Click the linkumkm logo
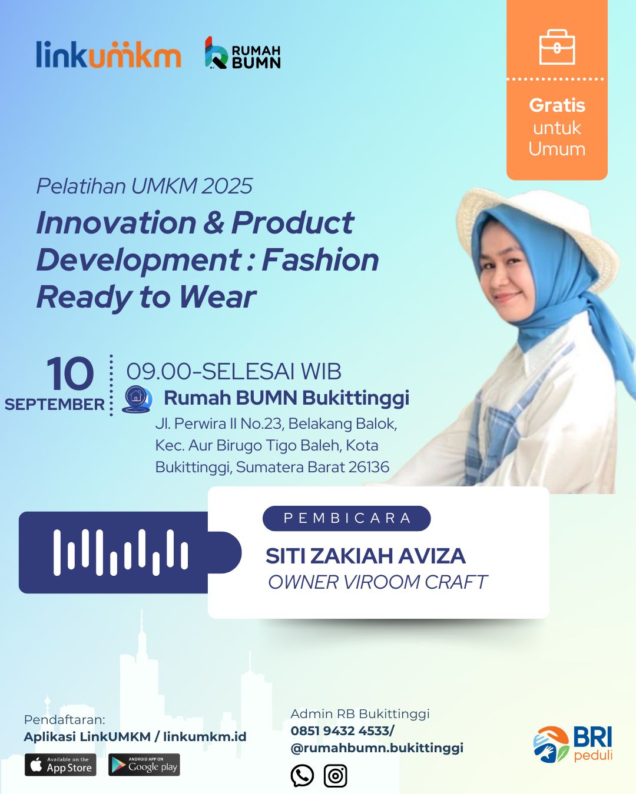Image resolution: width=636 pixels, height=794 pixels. point(108,54)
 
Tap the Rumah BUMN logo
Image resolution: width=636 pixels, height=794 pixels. point(243,53)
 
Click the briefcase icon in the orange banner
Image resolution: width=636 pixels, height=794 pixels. point(557,47)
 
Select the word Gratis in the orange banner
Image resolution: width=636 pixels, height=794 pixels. point(557,105)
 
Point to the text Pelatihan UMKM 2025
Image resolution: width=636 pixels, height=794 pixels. point(144,186)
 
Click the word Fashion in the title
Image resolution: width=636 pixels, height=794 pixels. point(320,260)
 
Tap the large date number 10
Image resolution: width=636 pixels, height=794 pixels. point(70,373)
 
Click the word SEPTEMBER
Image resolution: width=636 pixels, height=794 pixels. point(55,405)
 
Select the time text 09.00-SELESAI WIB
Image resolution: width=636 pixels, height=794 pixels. point(234,372)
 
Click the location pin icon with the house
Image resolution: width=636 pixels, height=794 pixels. point(137,399)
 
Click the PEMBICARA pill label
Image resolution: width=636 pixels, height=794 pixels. point(347,518)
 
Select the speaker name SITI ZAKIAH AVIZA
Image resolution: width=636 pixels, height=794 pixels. point(366,556)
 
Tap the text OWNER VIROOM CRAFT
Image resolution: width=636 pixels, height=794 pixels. point(377,582)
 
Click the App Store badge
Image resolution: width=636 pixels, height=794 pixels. point(61,765)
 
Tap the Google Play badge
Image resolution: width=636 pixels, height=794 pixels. point(144,765)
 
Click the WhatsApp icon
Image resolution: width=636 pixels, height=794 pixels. point(302,776)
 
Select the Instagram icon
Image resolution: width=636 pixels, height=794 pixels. point(336,776)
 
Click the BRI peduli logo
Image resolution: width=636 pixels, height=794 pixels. point(573,744)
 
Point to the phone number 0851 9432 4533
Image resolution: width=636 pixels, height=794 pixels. point(340,731)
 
